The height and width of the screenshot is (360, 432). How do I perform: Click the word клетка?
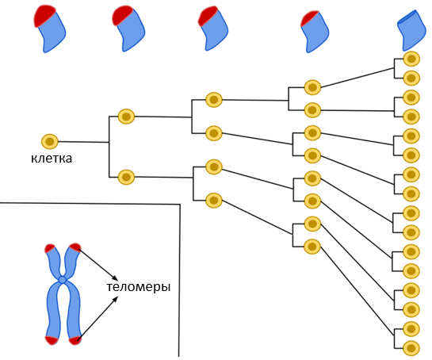click(x=52, y=159)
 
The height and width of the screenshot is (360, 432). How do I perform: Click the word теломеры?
click(x=139, y=287)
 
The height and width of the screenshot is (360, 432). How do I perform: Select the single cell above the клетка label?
click(x=50, y=142)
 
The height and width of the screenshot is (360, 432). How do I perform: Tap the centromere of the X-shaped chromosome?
click(x=63, y=280)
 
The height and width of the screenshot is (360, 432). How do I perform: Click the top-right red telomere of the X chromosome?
click(x=75, y=247)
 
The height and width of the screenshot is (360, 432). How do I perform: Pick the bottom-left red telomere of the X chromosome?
click(x=52, y=340)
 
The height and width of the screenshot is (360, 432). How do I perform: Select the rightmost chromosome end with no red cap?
click(x=412, y=30)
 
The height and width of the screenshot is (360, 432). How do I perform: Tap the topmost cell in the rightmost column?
click(x=411, y=59)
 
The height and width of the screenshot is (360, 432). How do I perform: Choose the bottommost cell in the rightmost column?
click(x=411, y=348)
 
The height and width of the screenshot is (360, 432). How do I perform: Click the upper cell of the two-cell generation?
click(x=126, y=117)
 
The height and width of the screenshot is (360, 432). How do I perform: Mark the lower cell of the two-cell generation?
click(x=126, y=177)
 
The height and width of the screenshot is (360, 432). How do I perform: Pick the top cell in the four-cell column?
click(x=214, y=99)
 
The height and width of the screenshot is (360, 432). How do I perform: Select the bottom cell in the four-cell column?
click(x=214, y=200)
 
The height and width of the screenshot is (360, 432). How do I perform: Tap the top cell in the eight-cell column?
click(x=312, y=87)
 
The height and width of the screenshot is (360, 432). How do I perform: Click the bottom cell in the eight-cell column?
click(x=312, y=247)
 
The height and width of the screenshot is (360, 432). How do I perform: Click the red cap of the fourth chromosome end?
click(x=308, y=18)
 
